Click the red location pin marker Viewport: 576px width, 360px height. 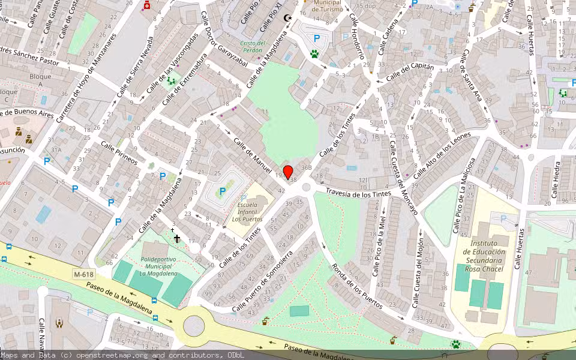[288, 173]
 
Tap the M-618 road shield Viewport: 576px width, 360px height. [84, 274]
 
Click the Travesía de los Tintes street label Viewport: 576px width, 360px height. [358, 193]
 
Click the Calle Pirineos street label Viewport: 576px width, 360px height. [119, 154]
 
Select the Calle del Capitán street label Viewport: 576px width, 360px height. [410, 73]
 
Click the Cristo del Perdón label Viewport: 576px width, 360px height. [253, 47]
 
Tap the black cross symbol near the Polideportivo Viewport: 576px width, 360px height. [177, 239]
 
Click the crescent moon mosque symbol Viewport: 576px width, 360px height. [288, 17]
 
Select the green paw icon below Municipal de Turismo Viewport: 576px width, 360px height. [314, 54]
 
